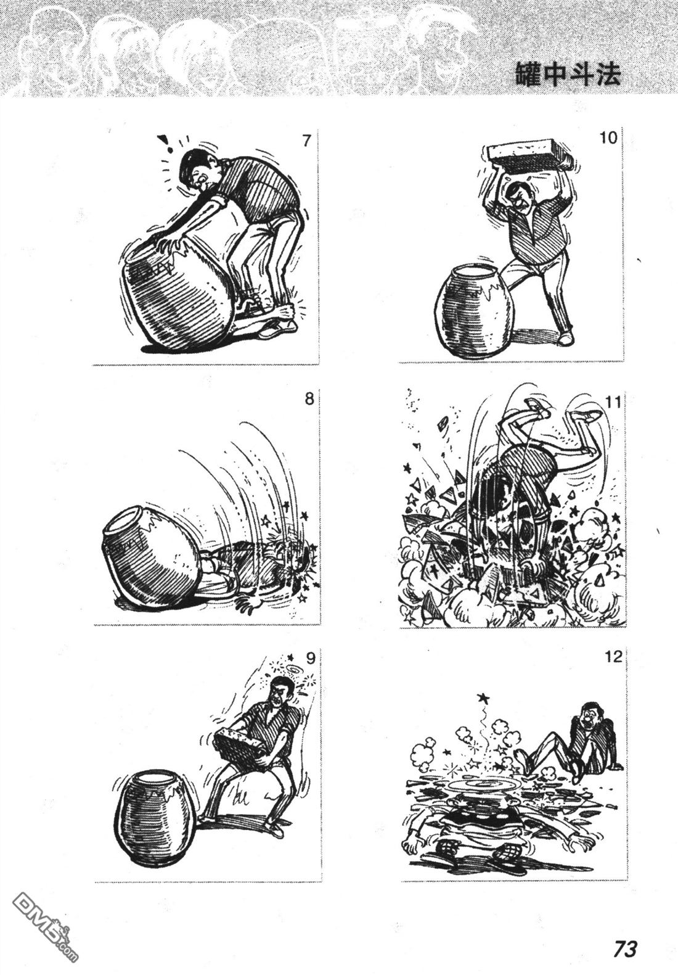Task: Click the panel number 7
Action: click(x=307, y=141)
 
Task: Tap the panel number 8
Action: click(x=309, y=400)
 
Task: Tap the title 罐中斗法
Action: click(x=568, y=75)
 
